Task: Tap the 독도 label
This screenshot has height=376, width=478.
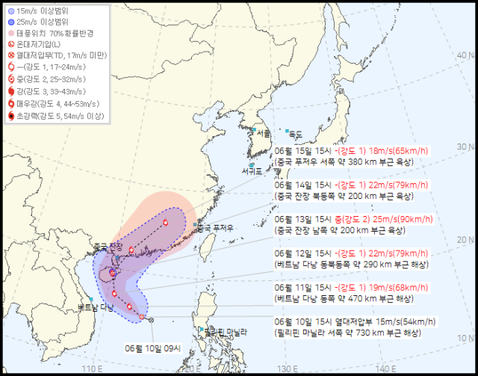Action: click(296, 134)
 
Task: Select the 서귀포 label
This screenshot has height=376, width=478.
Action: click(252, 172)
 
